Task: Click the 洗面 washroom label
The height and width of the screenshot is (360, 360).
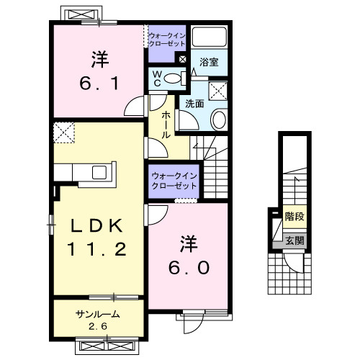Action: coord(194,104)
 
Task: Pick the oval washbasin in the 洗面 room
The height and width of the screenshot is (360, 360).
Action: coord(220,118)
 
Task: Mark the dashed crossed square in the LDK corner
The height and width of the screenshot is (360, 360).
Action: coord(64,133)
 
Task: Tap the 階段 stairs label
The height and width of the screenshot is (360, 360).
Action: coord(293,215)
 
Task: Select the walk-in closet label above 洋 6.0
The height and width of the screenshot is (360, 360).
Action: coord(174,181)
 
